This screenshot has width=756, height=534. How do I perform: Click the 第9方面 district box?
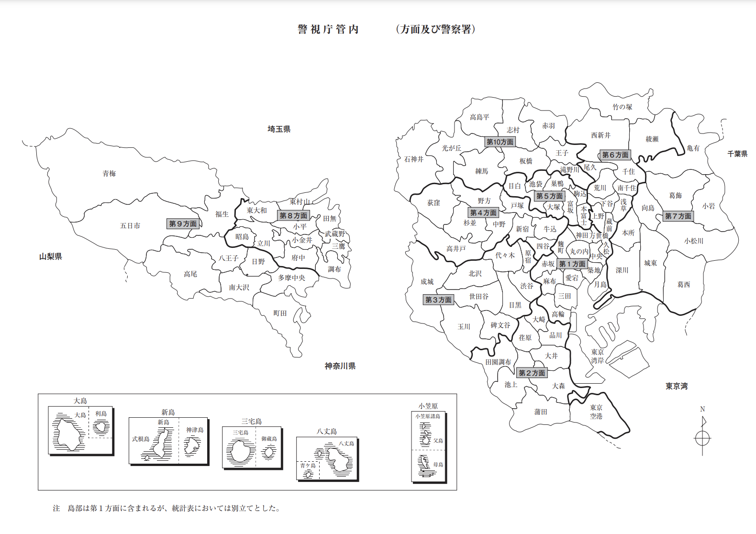183,223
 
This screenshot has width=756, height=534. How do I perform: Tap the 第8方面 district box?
294,216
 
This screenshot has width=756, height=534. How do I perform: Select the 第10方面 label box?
500,142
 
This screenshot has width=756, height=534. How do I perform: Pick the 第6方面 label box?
615,155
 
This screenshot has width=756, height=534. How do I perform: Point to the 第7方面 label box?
678,216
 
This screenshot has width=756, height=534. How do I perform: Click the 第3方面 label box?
438,300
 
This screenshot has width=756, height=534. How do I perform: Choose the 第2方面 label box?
532,373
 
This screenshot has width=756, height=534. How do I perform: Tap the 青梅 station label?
109,174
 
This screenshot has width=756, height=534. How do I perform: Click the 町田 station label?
280,313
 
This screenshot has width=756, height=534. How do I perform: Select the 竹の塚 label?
623,107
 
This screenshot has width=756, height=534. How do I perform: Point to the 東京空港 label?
596,412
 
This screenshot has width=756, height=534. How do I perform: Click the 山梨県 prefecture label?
51,257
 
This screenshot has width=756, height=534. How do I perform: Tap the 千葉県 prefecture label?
737,154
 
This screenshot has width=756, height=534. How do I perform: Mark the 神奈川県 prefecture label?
340,367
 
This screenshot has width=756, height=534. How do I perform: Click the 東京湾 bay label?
677,386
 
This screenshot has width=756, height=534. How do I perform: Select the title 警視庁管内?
328,30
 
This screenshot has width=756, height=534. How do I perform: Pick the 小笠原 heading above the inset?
428,406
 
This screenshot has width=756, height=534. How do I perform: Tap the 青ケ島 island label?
308,466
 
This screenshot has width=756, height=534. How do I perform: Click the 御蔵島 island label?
269,439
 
